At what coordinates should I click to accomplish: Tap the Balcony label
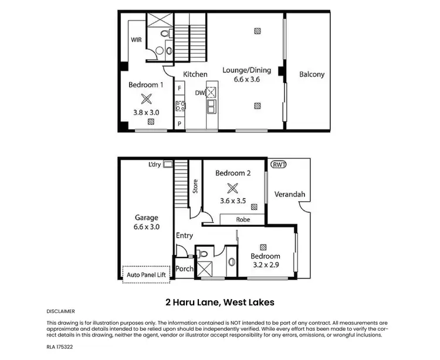click(x=312, y=74)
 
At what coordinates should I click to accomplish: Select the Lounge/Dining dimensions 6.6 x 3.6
click(x=246, y=80)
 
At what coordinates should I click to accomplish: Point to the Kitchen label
click(x=195, y=74)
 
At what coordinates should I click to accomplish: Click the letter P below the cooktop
click(x=179, y=124)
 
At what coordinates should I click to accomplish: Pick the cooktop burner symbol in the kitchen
click(x=180, y=107)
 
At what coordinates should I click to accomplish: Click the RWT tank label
click(x=279, y=164)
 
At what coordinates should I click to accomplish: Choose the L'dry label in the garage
click(x=155, y=164)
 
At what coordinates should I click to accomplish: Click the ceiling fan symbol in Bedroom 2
click(x=233, y=188)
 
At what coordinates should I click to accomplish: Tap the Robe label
click(x=243, y=220)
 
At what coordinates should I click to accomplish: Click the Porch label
click(x=184, y=269)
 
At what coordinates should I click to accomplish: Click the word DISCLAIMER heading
click(x=60, y=311)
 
